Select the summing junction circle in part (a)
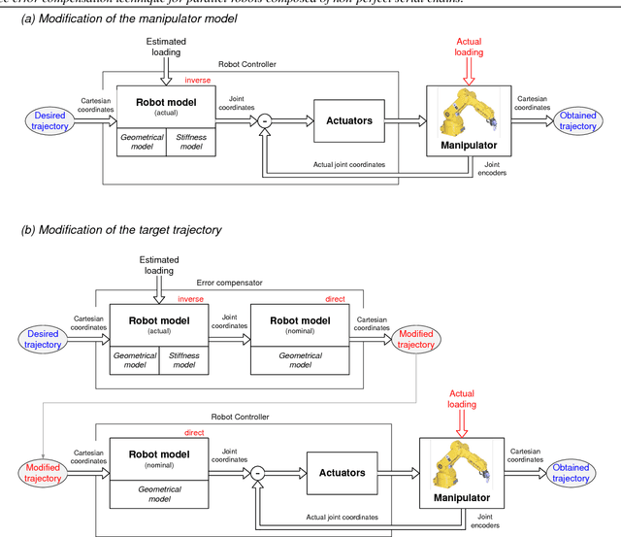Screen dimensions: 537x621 [263, 121]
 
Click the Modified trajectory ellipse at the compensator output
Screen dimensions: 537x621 [417, 339]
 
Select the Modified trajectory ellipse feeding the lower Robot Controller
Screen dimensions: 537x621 [42, 473]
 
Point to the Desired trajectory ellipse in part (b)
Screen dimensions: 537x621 [42, 339]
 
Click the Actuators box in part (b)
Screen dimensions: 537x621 [342, 473]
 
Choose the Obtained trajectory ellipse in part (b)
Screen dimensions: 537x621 [571, 473]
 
